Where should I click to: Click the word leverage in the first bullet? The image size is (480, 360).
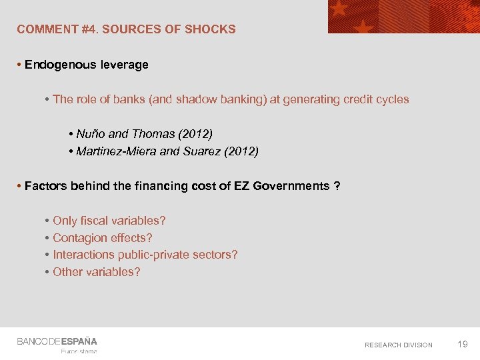point(124,65)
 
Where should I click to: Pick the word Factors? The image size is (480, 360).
point(43,186)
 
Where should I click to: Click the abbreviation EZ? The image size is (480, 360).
point(242,186)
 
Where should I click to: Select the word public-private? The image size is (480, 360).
point(157,255)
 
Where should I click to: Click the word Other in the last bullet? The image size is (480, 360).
point(67,272)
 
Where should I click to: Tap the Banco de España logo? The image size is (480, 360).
point(57,341)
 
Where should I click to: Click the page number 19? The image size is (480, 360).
point(462,344)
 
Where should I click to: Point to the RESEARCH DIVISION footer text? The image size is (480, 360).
point(398,345)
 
